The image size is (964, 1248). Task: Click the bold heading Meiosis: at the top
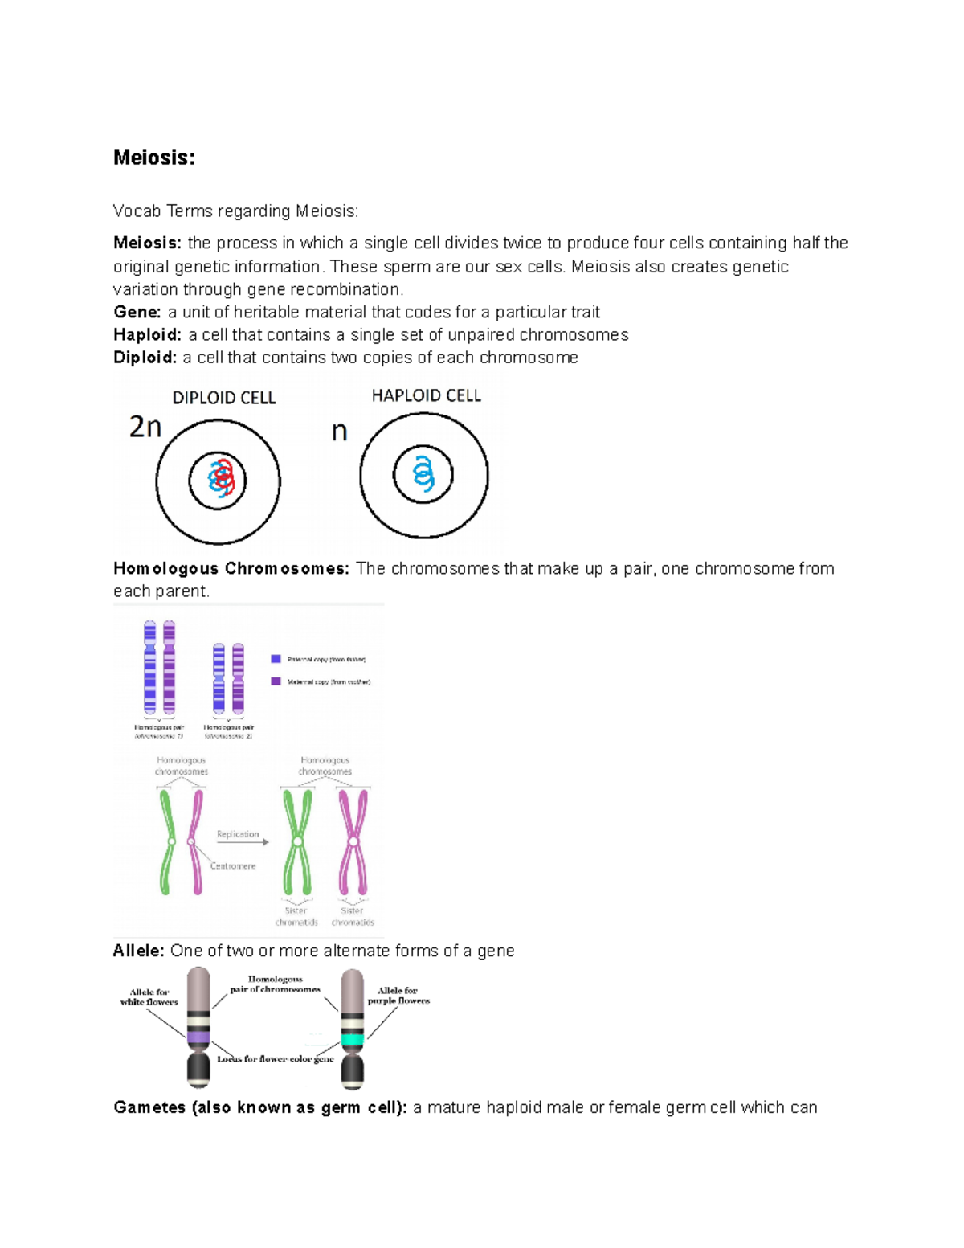[154, 158]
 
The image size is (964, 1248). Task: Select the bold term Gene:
[137, 313]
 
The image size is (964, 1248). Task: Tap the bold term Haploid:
[148, 335]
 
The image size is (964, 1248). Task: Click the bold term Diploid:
[145, 358]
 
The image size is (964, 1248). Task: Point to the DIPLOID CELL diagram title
[224, 398]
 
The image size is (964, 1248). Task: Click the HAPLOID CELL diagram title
[426, 395]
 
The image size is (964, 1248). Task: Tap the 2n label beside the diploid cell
[145, 427]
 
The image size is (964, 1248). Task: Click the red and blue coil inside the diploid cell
[220, 481]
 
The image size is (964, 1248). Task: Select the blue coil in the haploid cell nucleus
[423, 473]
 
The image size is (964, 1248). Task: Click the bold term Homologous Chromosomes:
[231, 569]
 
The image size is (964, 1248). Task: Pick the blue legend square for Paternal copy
[276, 659]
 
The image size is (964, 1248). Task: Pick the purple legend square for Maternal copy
[276, 681]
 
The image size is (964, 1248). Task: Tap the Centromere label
[233, 866]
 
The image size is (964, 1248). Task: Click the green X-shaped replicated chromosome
[297, 841]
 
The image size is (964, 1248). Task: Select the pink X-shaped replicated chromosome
[353, 841]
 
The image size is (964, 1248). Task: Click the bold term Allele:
[139, 951]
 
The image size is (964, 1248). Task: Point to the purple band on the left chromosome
[198, 1037]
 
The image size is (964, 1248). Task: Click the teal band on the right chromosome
[353, 1038]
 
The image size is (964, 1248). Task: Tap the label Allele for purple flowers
[398, 996]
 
